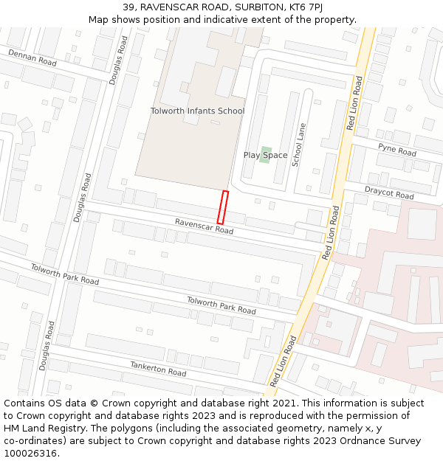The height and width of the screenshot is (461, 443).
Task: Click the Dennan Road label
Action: point(32,58)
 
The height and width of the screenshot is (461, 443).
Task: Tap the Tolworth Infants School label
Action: point(197,111)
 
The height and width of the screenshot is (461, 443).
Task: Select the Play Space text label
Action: point(266,156)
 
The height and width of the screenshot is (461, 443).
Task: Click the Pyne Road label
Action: point(397,150)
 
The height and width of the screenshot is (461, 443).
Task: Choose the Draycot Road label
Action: point(389,193)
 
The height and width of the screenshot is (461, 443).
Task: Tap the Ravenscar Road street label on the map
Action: point(204,226)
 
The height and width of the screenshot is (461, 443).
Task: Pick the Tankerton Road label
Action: point(158,369)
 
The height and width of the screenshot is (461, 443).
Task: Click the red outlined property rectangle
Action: point(222,207)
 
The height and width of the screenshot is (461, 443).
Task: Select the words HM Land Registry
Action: point(40,429)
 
